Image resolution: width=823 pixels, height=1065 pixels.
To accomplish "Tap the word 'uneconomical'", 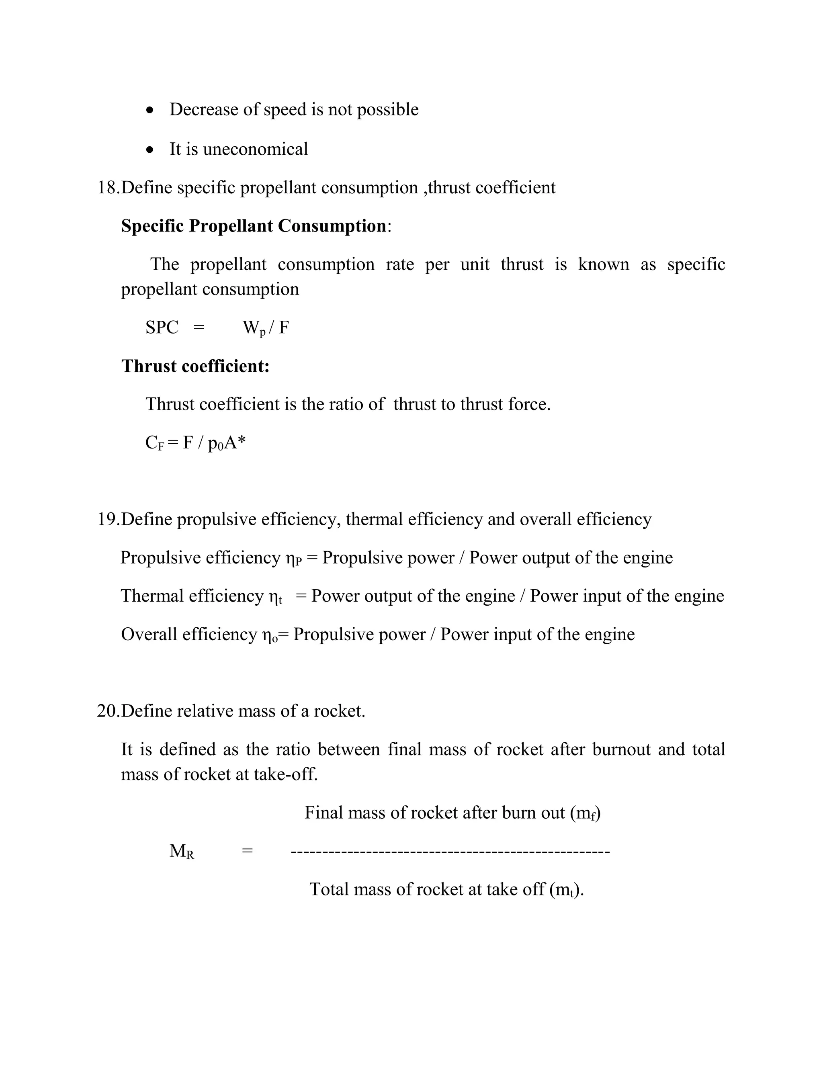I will (256, 149).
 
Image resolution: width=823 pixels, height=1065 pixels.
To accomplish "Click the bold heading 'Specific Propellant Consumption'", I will (254, 226).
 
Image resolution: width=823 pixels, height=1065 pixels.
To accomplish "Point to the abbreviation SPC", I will (162, 327).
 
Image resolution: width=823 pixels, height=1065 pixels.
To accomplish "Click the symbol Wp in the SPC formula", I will (254, 328).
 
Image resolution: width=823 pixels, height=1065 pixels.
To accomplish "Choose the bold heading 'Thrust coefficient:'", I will (195, 366).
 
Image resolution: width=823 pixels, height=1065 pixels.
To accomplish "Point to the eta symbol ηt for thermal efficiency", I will (275, 597).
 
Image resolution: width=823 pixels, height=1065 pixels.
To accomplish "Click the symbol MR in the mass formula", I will (181, 852).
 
